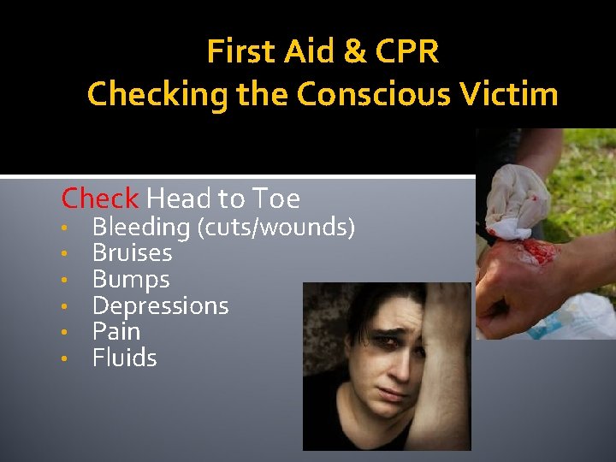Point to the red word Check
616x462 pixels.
pyautogui.click(x=99, y=198)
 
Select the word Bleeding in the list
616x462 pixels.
pyautogui.click(x=140, y=228)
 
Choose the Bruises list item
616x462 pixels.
pyautogui.click(x=132, y=253)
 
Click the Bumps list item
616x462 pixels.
pyautogui.click(x=131, y=280)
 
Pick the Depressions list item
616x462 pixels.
pyautogui.click(x=160, y=305)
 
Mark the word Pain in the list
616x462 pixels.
pyautogui.click(x=115, y=331)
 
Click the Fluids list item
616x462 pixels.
pyautogui.click(x=124, y=357)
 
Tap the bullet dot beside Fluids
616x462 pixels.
pyautogui.click(x=64, y=358)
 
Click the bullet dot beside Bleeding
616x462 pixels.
pyautogui.click(x=64, y=228)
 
